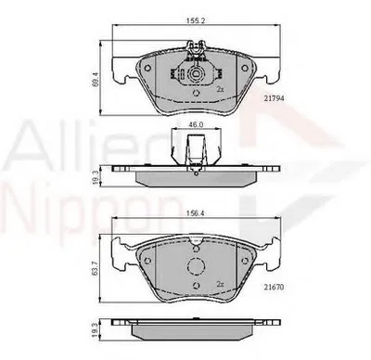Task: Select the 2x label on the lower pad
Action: (x=221, y=283)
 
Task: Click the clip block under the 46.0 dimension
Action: (x=194, y=147)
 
